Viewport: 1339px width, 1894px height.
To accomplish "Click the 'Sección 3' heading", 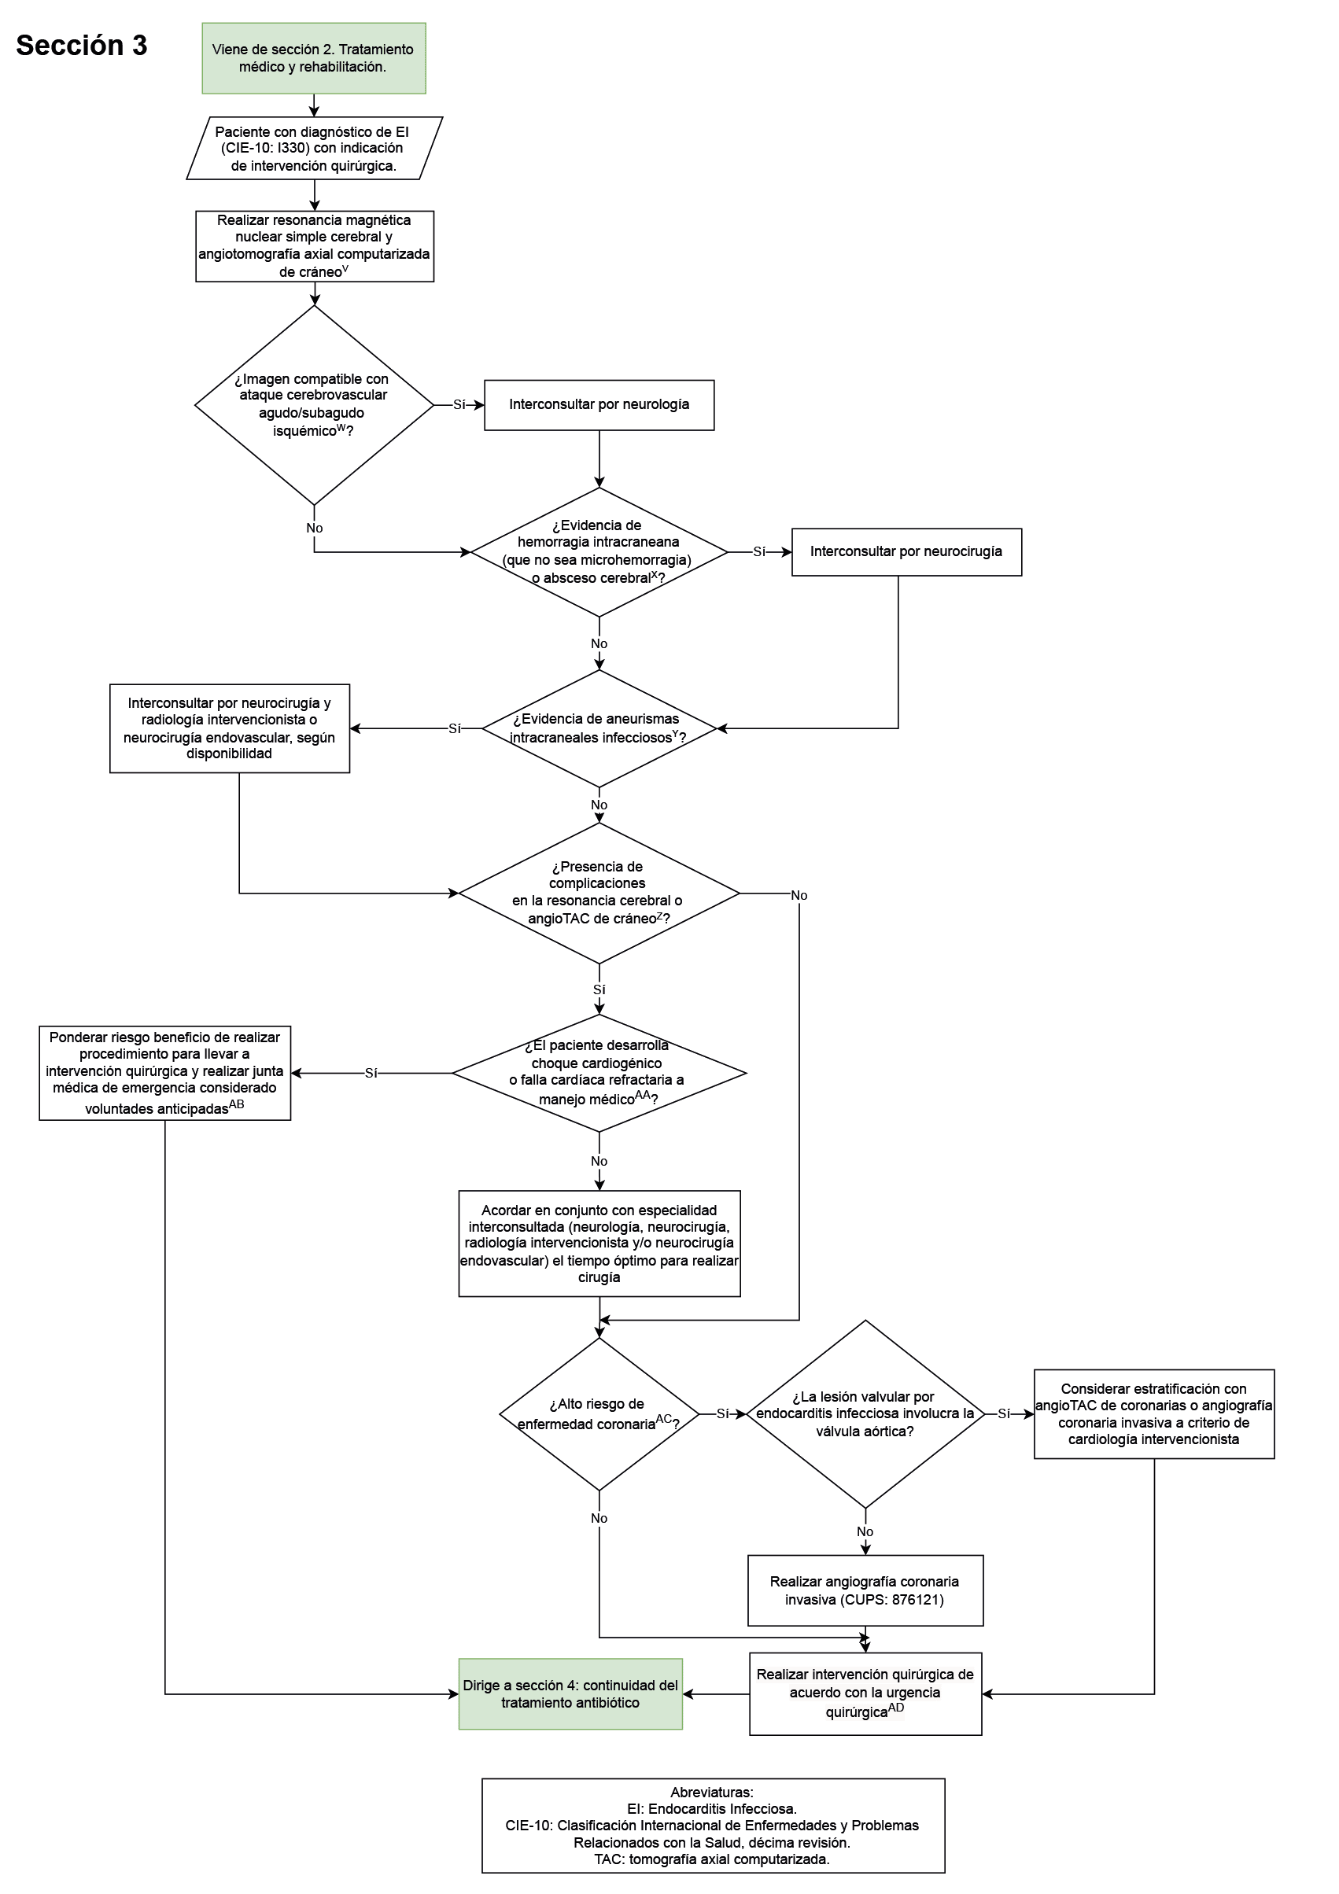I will click(81, 46).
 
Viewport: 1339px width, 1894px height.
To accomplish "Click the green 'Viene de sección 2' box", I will click(313, 57).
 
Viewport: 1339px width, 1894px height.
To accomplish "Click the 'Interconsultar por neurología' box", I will click(598, 405).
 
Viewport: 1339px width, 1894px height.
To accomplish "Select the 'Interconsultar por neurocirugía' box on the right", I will click(906, 552).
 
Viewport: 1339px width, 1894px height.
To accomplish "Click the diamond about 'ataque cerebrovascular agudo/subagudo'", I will click(313, 405).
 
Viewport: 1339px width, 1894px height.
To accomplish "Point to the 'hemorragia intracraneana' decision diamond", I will click(598, 552).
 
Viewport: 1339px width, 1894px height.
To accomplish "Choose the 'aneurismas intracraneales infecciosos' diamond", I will click(598, 728).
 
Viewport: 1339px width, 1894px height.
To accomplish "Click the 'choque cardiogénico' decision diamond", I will click(598, 1072).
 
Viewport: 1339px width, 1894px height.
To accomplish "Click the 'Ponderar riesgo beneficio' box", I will click(164, 1072).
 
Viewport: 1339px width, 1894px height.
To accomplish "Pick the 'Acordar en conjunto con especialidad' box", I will click(598, 1244).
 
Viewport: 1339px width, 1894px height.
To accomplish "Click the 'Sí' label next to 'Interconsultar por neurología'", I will click(459, 405).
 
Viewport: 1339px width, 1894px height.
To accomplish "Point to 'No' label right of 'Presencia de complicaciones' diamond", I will click(799, 895).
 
